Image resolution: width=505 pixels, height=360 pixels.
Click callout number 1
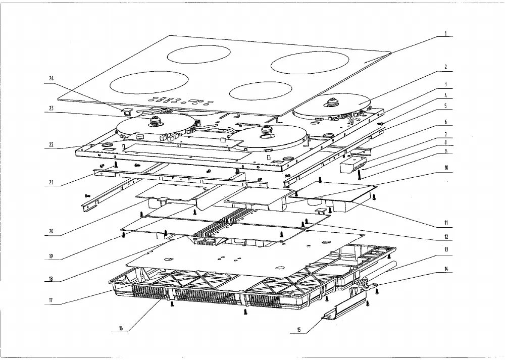446,34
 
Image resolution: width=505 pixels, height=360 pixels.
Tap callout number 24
52,78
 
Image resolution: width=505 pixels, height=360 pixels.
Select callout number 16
121,329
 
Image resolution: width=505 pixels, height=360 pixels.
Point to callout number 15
298,330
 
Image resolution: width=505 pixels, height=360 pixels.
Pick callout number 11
446,223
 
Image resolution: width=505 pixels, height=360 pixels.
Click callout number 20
51,231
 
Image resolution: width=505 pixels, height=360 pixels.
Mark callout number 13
446,249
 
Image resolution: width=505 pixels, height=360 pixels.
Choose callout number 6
446,122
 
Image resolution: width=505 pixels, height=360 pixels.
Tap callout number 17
51,300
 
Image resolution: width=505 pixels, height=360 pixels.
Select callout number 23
51,109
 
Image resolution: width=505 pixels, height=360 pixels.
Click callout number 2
446,67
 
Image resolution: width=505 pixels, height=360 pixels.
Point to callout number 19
51,256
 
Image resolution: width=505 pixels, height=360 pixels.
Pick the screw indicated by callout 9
360,174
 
